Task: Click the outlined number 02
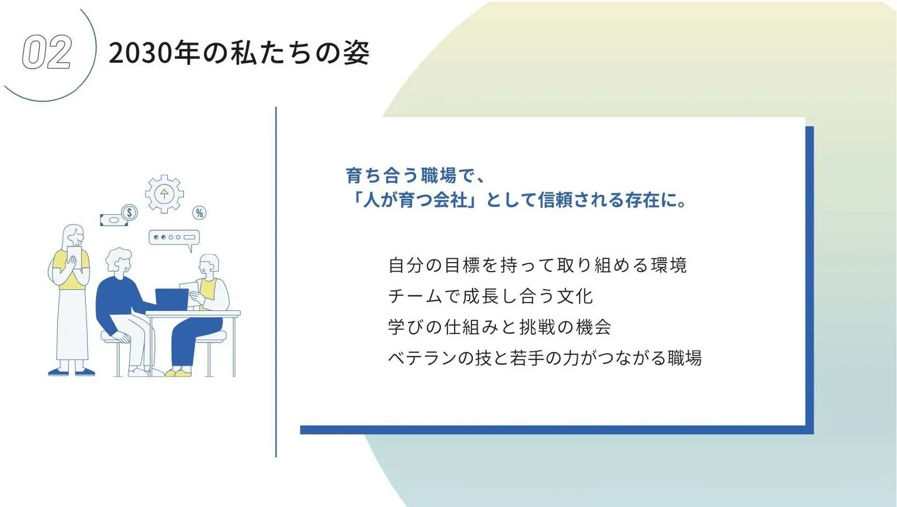point(47,53)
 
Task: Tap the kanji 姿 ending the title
point(356,53)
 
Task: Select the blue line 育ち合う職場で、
point(415,176)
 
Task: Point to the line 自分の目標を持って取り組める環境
point(537,265)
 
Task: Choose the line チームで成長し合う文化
point(490,296)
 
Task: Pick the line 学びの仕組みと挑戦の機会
point(499,327)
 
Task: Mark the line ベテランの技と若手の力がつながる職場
point(545,358)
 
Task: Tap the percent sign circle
point(199,213)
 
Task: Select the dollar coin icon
point(129,213)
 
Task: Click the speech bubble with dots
point(174,237)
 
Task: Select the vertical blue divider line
point(276,281)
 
